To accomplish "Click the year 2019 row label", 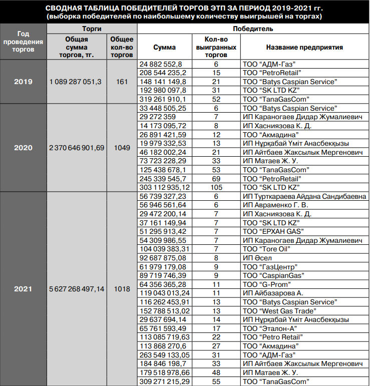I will [x=23, y=82].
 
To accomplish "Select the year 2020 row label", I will [x=23, y=148].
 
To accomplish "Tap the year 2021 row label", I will [x=23, y=289].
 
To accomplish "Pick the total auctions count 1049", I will [x=122, y=148].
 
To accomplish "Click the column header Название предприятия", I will [x=304, y=47].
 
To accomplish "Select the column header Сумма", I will [x=164, y=47].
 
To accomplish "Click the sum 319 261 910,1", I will [x=163, y=99].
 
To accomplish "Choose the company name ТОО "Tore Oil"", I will [x=268, y=249].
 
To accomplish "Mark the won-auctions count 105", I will [x=216, y=187].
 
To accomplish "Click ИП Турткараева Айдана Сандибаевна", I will [x=303, y=196].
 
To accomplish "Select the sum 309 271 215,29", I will [x=165, y=381].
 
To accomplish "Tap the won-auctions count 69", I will [x=216, y=178].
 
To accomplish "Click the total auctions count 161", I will [x=122, y=82].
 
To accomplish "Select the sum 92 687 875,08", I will [x=164, y=258].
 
